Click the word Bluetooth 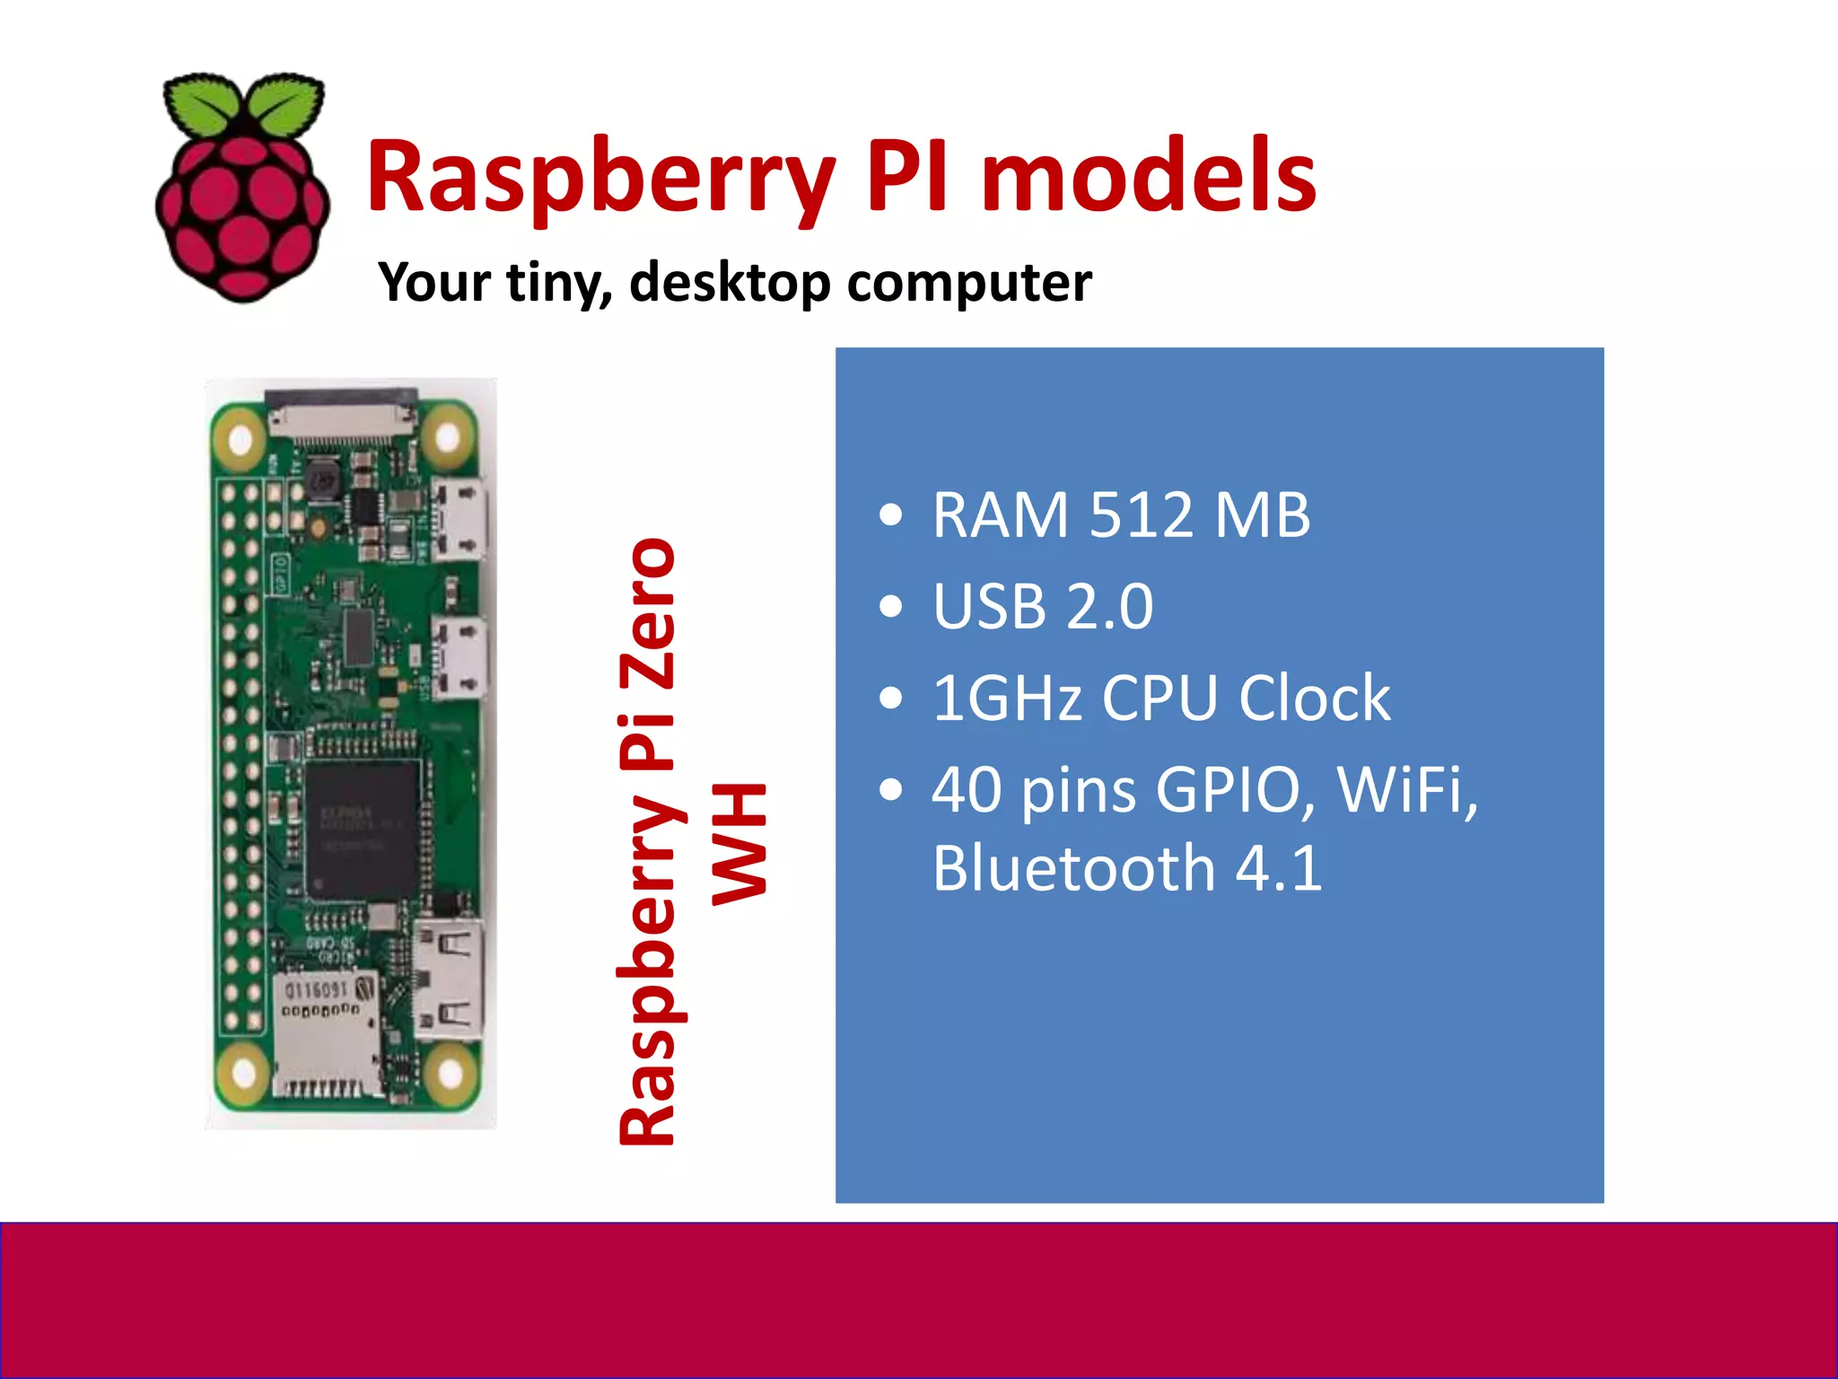pyautogui.click(x=1073, y=869)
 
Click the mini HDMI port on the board pyautogui.click(x=449, y=979)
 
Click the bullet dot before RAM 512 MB pyautogui.click(x=890, y=516)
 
